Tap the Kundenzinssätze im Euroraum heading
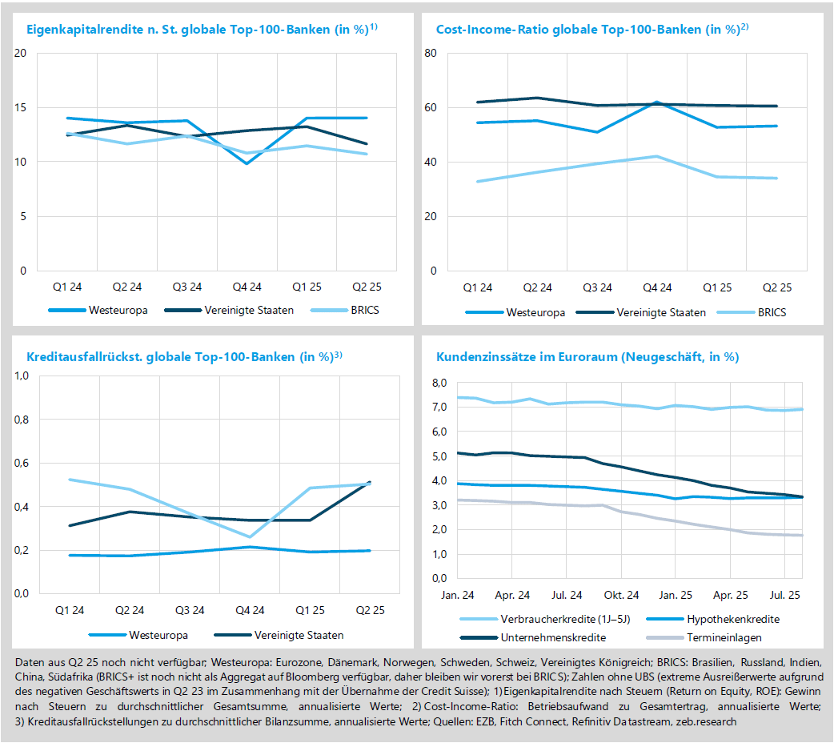[587, 357]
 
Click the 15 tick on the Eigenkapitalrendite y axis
[21, 108]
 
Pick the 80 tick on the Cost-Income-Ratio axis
[430, 54]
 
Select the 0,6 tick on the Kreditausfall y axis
[22, 463]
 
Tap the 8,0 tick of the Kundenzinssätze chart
[439, 383]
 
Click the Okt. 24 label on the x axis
[621, 595]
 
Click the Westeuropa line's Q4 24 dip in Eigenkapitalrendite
[247, 163]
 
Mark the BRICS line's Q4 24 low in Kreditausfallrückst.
[250, 536]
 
